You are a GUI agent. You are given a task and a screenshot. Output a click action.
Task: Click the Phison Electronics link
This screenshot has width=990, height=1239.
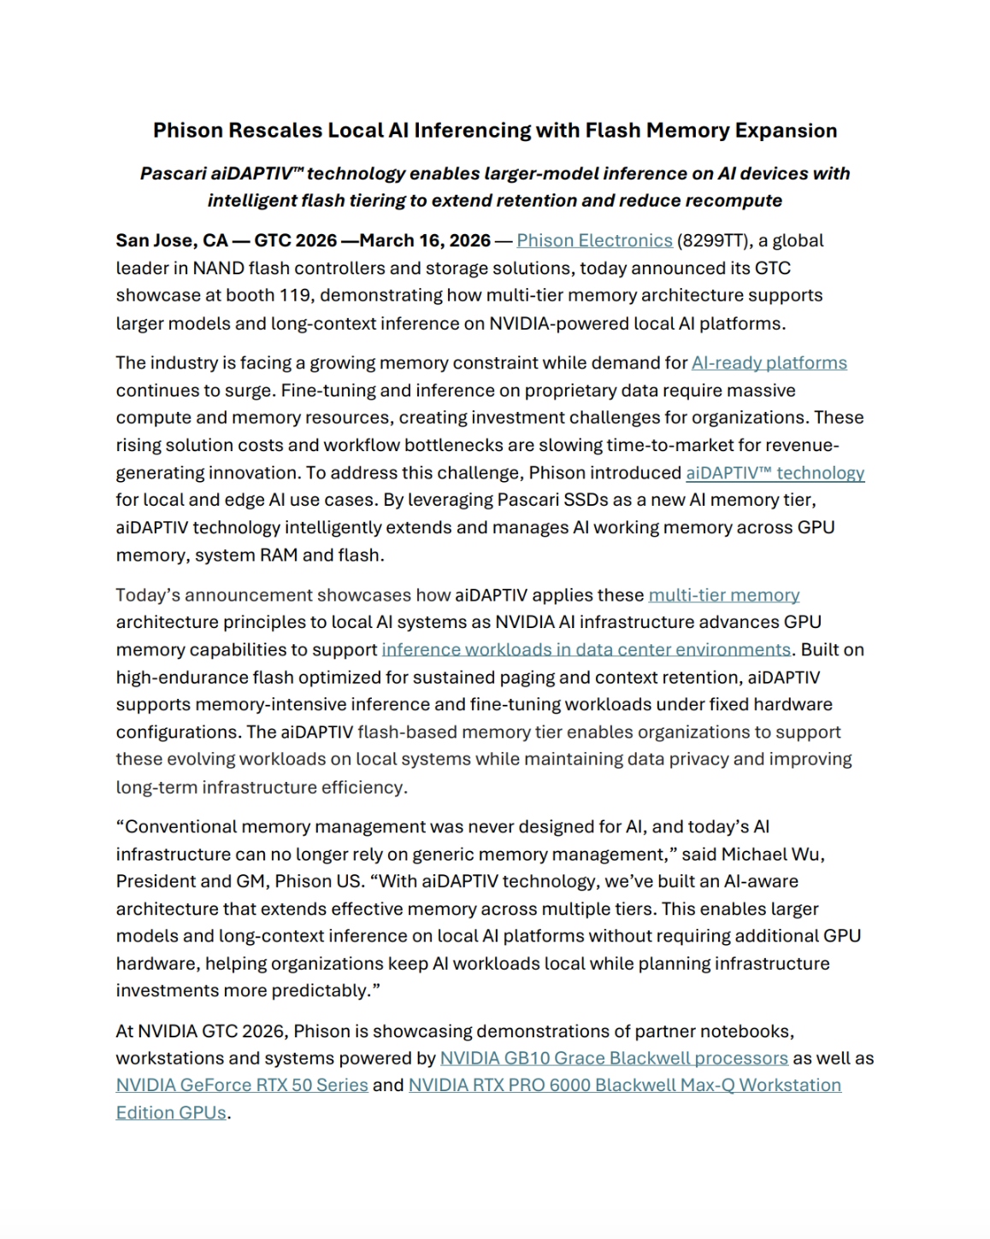click(594, 241)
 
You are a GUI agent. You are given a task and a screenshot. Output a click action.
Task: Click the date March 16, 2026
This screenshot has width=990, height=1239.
click(425, 241)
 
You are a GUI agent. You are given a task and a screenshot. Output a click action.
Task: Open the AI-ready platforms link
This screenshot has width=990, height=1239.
click(769, 363)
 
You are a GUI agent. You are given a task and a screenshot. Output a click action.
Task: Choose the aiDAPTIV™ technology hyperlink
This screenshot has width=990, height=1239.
click(775, 473)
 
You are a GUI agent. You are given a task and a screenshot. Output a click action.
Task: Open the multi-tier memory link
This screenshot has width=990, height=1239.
click(723, 596)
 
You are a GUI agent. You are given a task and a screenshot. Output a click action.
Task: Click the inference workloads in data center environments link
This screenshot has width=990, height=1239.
click(586, 650)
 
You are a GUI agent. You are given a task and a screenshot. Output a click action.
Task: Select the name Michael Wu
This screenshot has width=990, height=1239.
click(772, 854)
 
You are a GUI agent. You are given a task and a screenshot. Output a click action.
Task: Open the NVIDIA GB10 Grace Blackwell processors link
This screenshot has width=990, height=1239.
click(613, 1059)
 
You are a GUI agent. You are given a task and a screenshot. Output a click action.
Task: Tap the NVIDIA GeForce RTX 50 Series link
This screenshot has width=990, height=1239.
click(242, 1086)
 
